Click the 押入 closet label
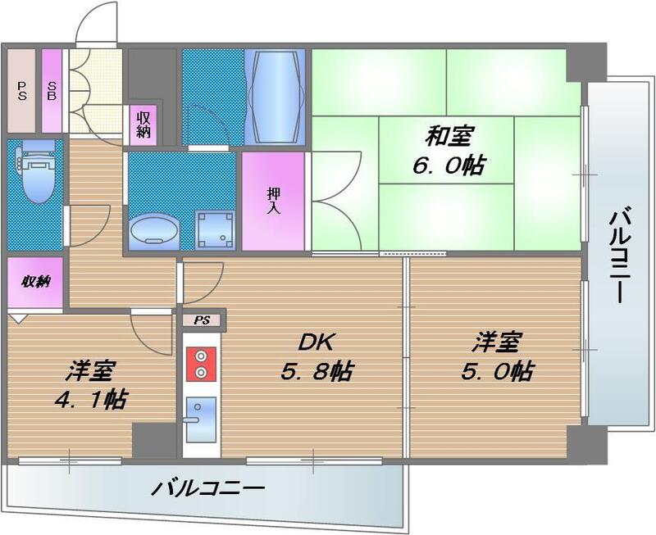point(273,200)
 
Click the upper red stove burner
point(199,356)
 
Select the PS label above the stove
point(201,320)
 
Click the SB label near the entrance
point(52,90)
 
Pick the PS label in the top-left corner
point(21,90)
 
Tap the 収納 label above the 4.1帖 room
point(36,282)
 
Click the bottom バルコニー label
point(208,490)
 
